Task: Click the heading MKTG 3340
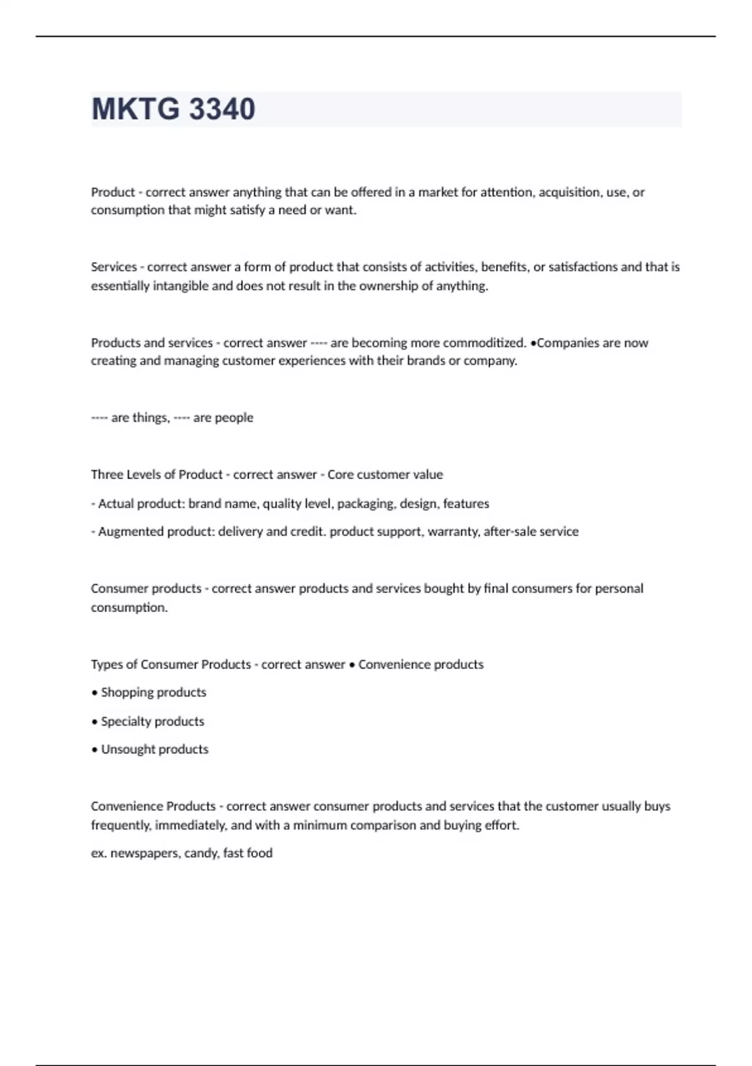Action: point(173,109)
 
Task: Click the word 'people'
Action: point(233,418)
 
